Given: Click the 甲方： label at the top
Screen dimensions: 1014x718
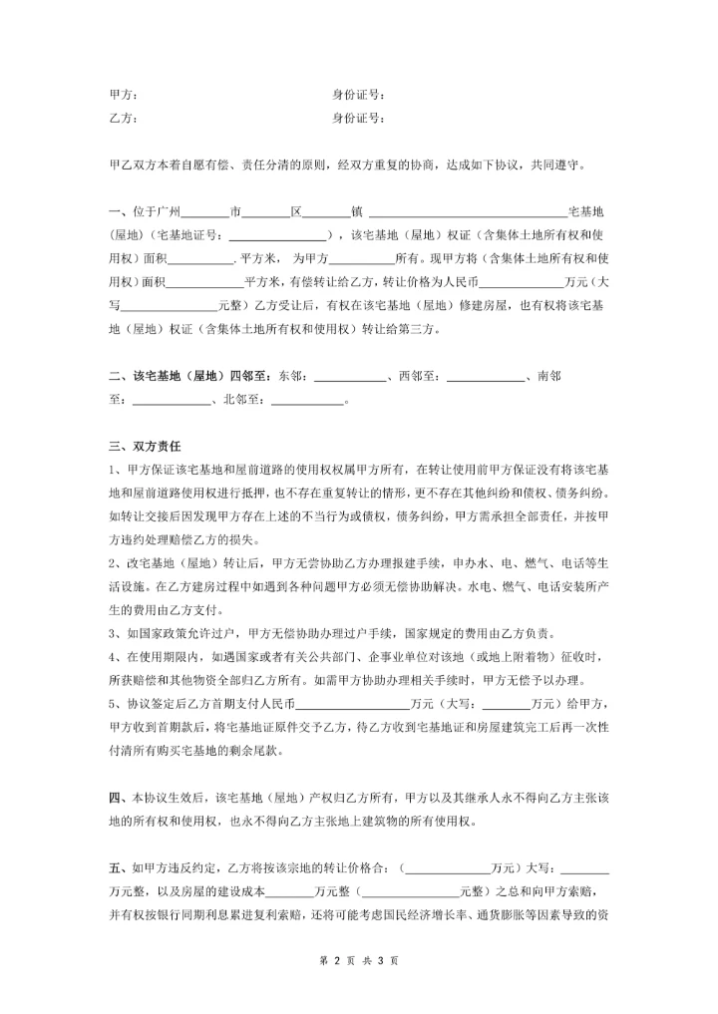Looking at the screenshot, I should pyautogui.click(x=123, y=96).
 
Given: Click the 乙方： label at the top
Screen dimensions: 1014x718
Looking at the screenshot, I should pyautogui.click(x=123, y=118).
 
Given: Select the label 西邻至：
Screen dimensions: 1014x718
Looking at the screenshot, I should pyautogui.click(x=419, y=377).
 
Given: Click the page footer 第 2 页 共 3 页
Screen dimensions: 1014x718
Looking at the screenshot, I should pyautogui.click(x=358, y=961).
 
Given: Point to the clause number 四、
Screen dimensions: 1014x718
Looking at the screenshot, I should pyautogui.click(x=117, y=799).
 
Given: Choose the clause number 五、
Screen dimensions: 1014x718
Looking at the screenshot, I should pyautogui.click(x=117, y=869).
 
